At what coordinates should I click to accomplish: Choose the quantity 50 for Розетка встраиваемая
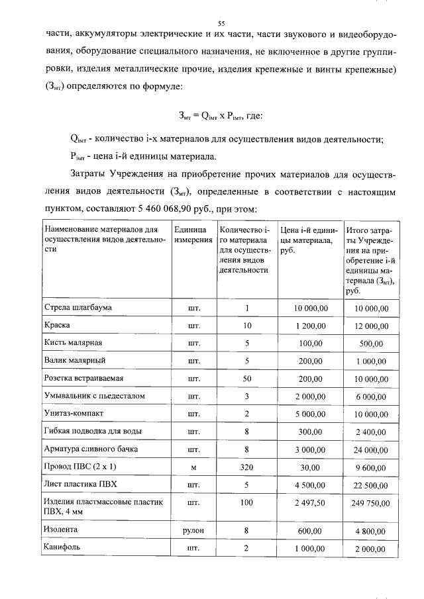pyautogui.click(x=246, y=379)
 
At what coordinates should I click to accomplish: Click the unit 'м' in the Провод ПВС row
pyautogui.click(x=193, y=467)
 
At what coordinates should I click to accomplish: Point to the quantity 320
pyautogui.click(x=246, y=467)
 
